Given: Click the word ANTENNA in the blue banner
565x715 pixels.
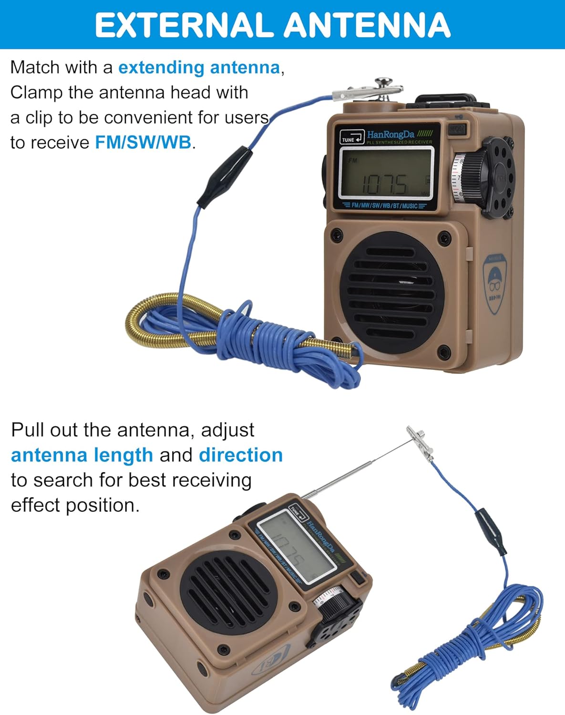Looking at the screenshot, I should tap(367, 25).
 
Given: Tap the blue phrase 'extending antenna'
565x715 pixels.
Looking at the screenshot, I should tap(199, 67).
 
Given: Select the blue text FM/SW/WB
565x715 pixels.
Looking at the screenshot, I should tap(143, 142).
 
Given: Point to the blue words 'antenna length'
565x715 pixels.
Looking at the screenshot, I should tap(82, 455).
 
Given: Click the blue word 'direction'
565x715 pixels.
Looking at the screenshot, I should tap(241, 455).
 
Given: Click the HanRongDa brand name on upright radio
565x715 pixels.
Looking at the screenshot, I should tap(390, 134).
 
